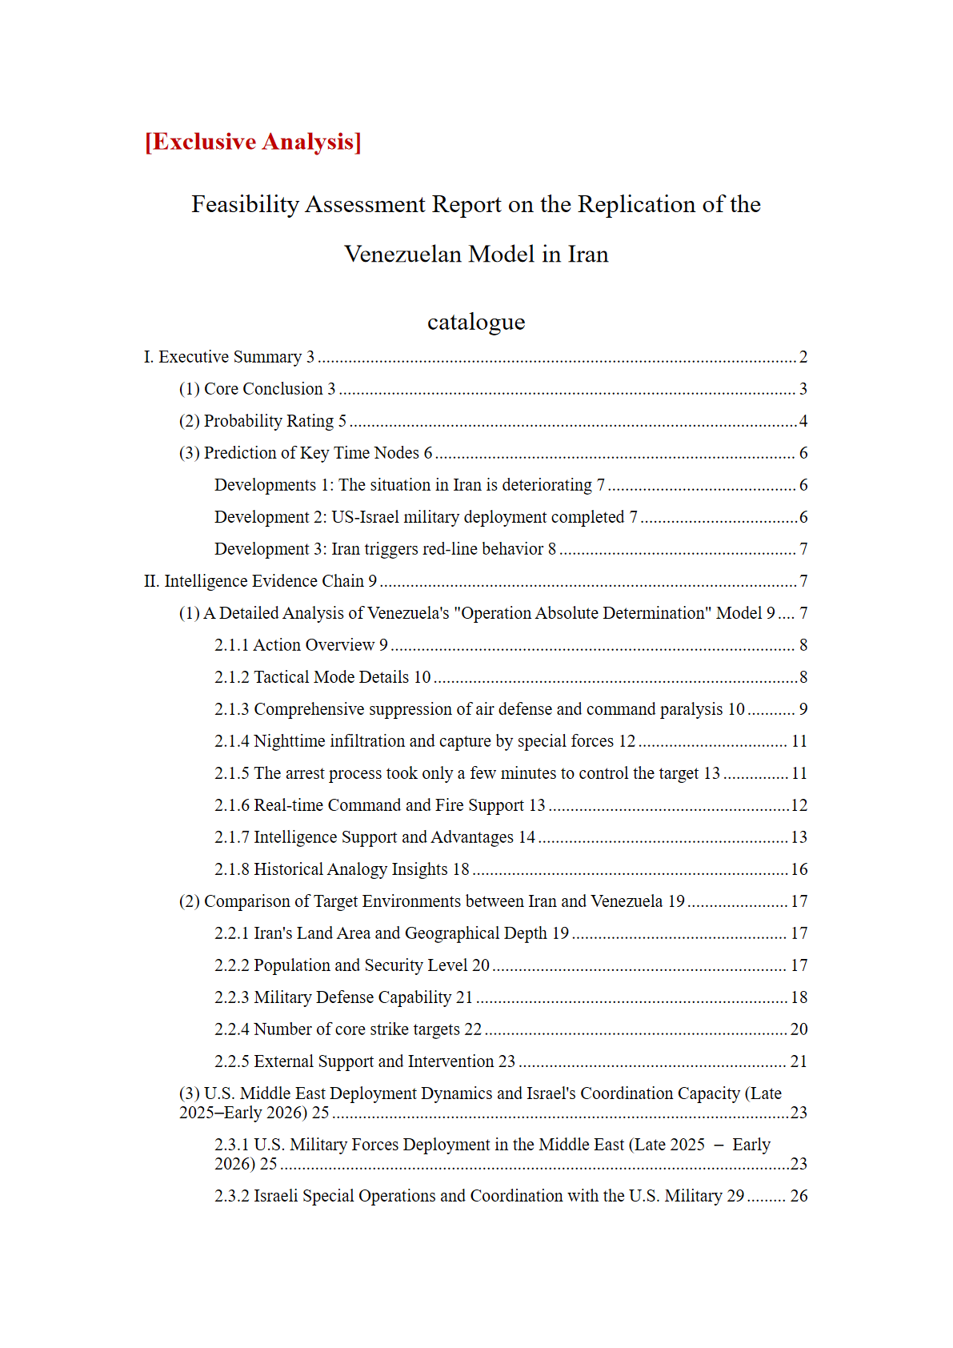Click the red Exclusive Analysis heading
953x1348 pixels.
pos(253,142)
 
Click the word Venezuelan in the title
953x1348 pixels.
pos(403,255)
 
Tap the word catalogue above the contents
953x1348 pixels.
pos(476,322)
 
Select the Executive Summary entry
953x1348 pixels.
pos(229,357)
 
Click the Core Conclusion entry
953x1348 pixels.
pos(257,389)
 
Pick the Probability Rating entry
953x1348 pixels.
pos(262,421)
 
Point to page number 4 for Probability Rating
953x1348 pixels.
pos(803,421)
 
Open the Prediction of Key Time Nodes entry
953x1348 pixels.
pos(305,453)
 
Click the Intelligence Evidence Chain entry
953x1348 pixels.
pos(260,581)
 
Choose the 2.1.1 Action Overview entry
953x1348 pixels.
pos(301,645)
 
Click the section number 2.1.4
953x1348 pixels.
pos(232,741)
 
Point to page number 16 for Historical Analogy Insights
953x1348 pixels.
pos(799,869)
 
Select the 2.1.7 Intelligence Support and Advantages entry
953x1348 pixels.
pos(374,837)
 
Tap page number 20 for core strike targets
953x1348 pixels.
pos(799,1029)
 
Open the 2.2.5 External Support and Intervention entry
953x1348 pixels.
pos(365,1061)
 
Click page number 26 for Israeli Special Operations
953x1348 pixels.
pos(799,1196)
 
